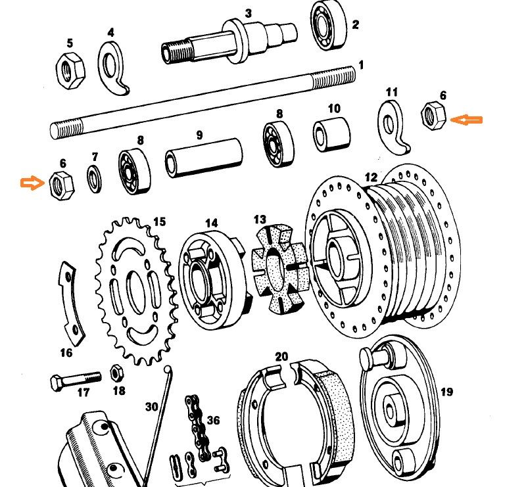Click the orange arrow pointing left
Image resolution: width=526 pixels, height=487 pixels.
[469, 120]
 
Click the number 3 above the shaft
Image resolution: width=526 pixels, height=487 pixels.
[249, 13]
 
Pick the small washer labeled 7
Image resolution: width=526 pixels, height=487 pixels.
[95, 179]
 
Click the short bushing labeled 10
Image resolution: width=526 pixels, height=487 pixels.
[332, 134]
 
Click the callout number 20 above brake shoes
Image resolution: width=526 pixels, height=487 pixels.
[281, 357]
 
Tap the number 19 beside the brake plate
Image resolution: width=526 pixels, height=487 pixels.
[446, 392]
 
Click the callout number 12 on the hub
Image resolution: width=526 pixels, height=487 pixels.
[371, 177]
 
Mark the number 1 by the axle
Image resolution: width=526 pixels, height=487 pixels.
[360, 66]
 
